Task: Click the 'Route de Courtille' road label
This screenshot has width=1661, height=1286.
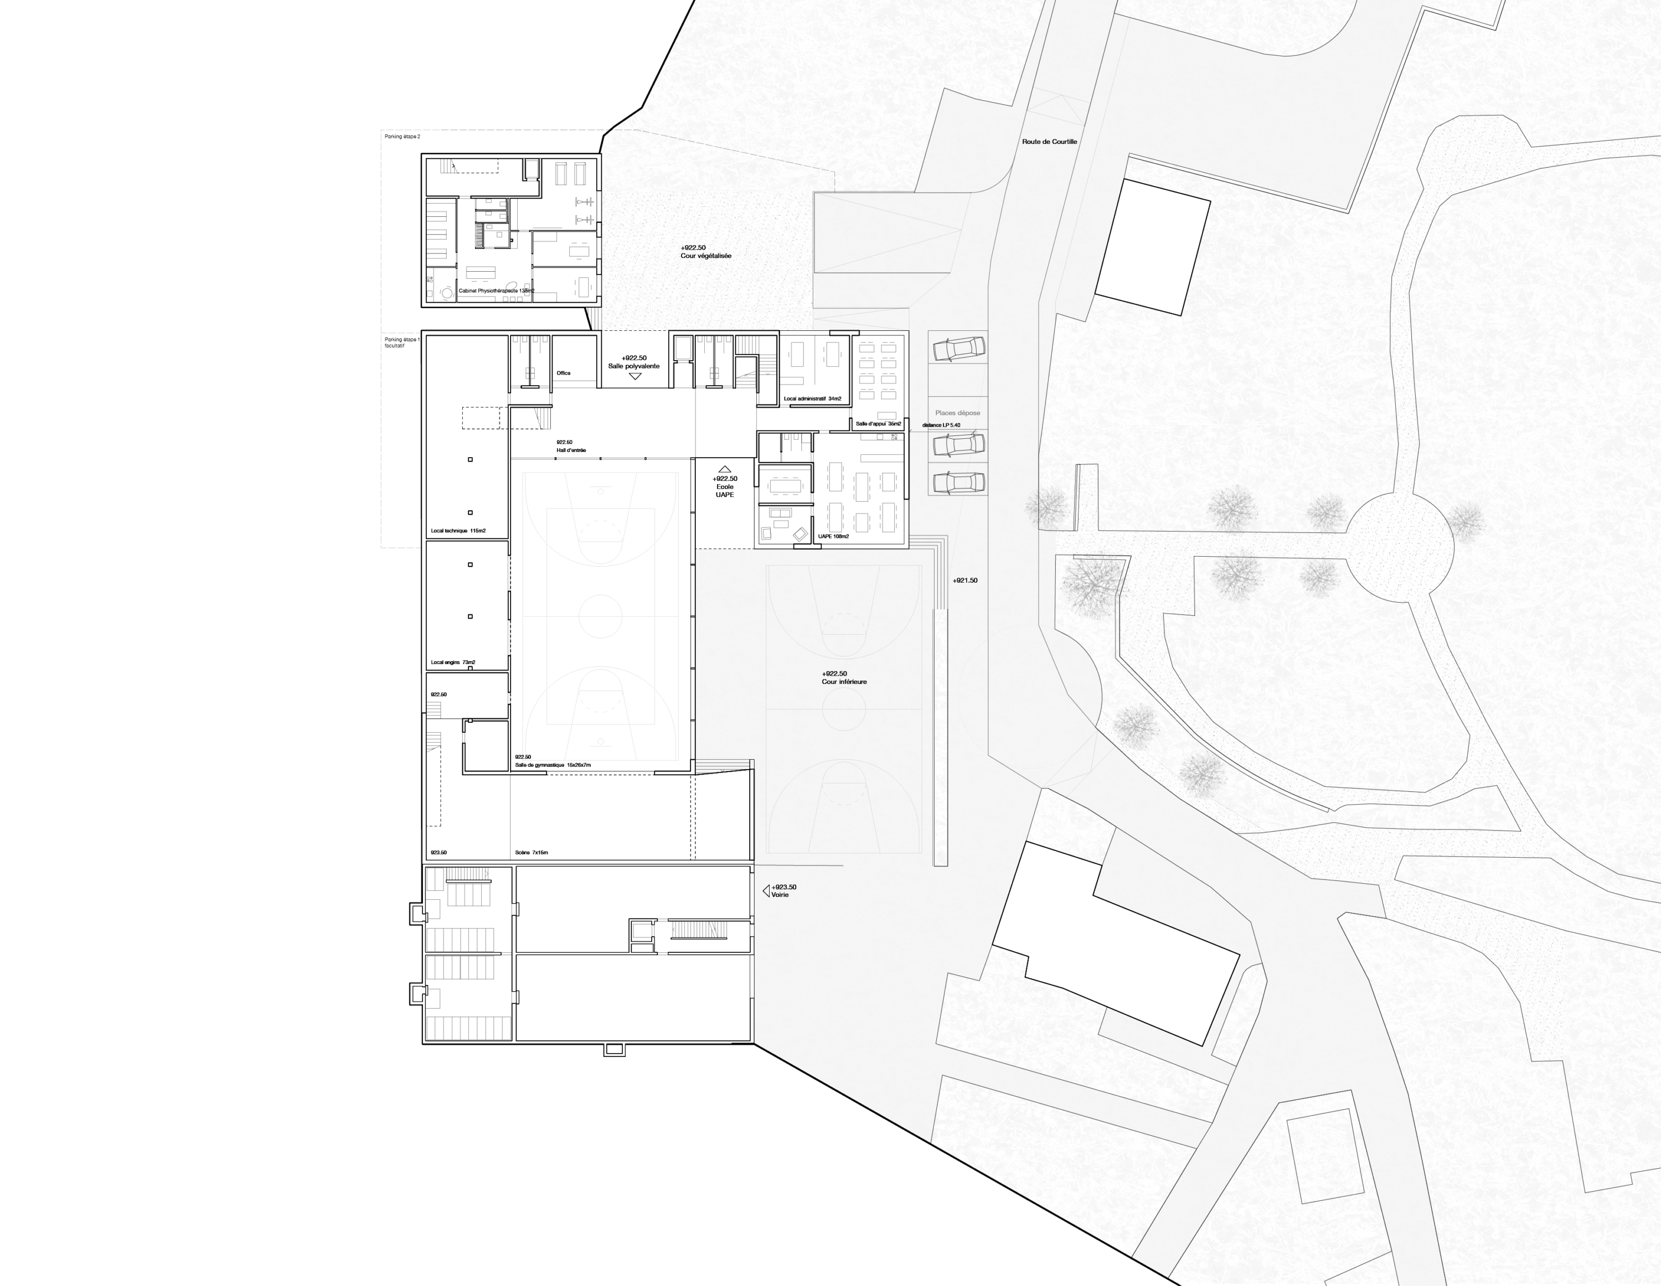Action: pos(1050,141)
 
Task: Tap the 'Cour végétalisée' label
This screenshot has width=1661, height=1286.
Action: pos(706,256)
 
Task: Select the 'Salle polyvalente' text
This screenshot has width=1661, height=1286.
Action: pos(633,366)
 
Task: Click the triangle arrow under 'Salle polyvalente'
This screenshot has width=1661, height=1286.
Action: pos(635,376)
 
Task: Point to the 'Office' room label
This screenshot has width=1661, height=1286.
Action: pos(564,373)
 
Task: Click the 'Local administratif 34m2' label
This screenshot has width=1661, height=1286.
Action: pos(813,399)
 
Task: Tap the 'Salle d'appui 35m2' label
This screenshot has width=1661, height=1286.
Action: pos(878,423)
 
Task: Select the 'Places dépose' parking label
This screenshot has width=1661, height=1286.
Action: pos(957,413)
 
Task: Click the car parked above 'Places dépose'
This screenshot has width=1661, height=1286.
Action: pos(959,348)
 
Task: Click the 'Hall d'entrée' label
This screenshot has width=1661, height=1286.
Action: pos(570,450)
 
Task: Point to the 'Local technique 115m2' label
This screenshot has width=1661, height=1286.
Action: pos(458,531)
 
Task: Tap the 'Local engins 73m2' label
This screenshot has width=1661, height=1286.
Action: pos(452,663)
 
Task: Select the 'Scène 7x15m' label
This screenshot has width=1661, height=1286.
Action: pos(532,853)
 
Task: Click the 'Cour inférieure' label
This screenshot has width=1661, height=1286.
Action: pos(844,682)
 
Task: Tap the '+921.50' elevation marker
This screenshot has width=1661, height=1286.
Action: pos(965,580)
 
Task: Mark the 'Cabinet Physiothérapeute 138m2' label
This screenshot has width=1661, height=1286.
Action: pos(497,291)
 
